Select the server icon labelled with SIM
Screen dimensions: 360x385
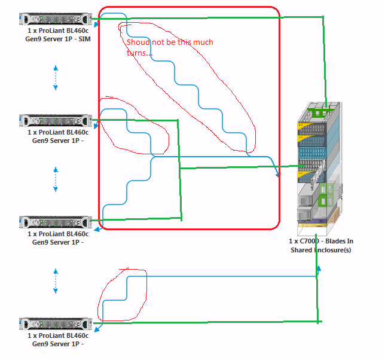click(x=56, y=19)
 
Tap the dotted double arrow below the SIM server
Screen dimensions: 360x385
click(x=56, y=77)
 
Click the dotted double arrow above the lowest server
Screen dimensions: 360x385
click(x=56, y=280)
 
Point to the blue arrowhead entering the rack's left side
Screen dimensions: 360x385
click(x=277, y=175)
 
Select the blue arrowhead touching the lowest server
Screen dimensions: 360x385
click(x=96, y=327)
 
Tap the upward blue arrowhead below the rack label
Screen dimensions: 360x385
click(x=319, y=268)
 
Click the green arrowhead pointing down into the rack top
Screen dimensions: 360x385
click(x=326, y=104)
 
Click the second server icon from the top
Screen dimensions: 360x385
click(x=56, y=120)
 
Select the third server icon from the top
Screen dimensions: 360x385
click(x=56, y=222)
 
